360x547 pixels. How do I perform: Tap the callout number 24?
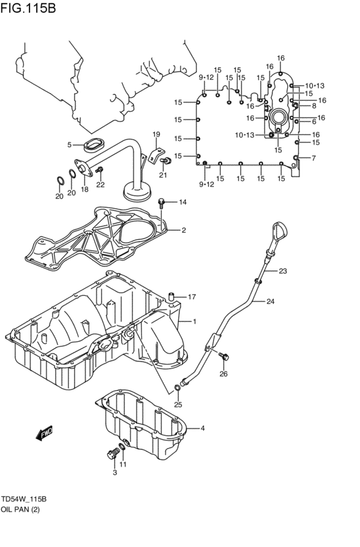270,301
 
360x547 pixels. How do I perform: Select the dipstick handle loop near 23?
280,229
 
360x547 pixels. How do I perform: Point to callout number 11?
123,465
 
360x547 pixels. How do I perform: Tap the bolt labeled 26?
225,356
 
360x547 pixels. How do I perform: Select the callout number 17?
191,297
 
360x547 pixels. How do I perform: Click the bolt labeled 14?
163,203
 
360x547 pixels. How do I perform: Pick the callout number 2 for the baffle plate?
183,230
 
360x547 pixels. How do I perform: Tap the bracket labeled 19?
154,153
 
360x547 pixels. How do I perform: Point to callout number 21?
163,175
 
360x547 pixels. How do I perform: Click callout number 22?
100,185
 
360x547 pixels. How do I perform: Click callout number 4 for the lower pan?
202,428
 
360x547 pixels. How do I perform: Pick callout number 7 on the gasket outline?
313,158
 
